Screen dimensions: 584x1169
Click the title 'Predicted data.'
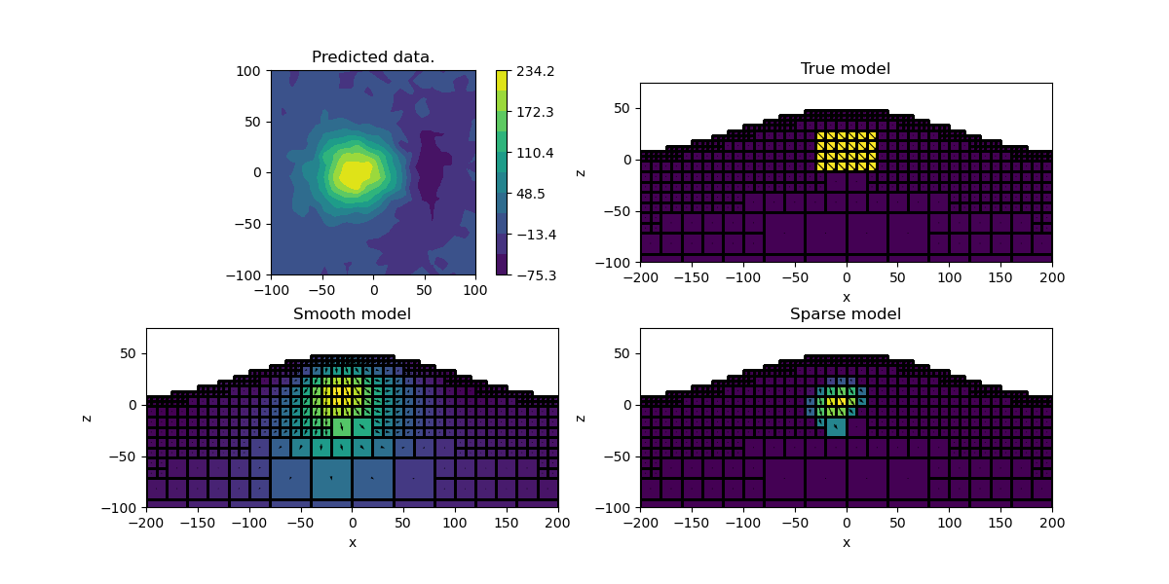[x=373, y=57]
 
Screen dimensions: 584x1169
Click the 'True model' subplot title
[x=846, y=69]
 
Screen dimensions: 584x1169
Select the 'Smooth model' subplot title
[x=352, y=314]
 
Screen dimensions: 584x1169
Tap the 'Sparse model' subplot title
[x=846, y=314]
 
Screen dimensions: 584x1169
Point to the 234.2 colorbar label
[x=535, y=71]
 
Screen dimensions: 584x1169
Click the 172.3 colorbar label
[x=535, y=112]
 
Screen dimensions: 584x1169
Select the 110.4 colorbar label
[x=535, y=153]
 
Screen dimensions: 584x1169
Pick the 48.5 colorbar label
[x=532, y=194]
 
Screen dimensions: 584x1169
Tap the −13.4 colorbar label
[x=535, y=235]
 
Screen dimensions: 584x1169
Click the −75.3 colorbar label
[x=535, y=275]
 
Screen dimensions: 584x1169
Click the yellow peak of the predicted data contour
[x=354, y=174]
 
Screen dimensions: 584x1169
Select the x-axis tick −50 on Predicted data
[x=322, y=290]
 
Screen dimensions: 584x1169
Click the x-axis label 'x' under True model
[x=846, y=297]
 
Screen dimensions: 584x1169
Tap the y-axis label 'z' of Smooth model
[x=86, y=418]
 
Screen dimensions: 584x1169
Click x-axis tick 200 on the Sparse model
[x=1052, y=524]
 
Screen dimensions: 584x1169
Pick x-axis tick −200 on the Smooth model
[x=147, y=524]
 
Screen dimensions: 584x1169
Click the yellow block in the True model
[x=846, y=151]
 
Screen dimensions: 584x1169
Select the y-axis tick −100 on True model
[x=617, y=262]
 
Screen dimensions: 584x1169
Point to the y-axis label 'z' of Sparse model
[x=580, y=418]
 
